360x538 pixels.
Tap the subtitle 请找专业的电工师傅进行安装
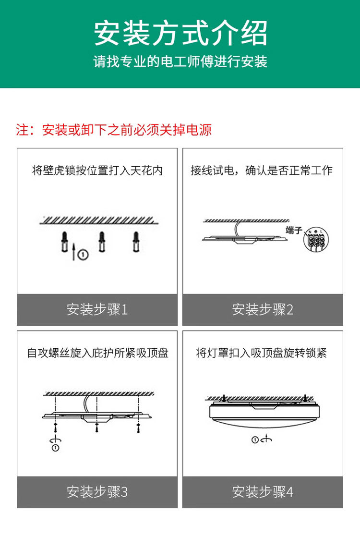point(180,62)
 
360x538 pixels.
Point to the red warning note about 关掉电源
point(114,130)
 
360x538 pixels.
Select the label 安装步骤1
point(97,309)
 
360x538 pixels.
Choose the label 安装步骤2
point(263,309)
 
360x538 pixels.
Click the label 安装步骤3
point(97,492)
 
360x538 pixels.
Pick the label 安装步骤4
point(263,492)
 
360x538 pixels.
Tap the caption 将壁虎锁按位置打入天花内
point(97,171)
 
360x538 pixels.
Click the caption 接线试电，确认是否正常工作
point(262,171)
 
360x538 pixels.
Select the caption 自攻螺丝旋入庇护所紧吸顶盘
point(97,353)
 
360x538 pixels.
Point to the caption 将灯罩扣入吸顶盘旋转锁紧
point(262,353)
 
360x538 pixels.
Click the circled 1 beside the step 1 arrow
point(84,254)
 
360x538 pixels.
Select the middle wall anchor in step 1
point(101,241)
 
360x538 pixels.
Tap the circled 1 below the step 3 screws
point(56,448)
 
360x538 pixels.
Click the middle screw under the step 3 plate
point(97,426)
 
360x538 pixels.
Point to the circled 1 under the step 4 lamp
point(255,440)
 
